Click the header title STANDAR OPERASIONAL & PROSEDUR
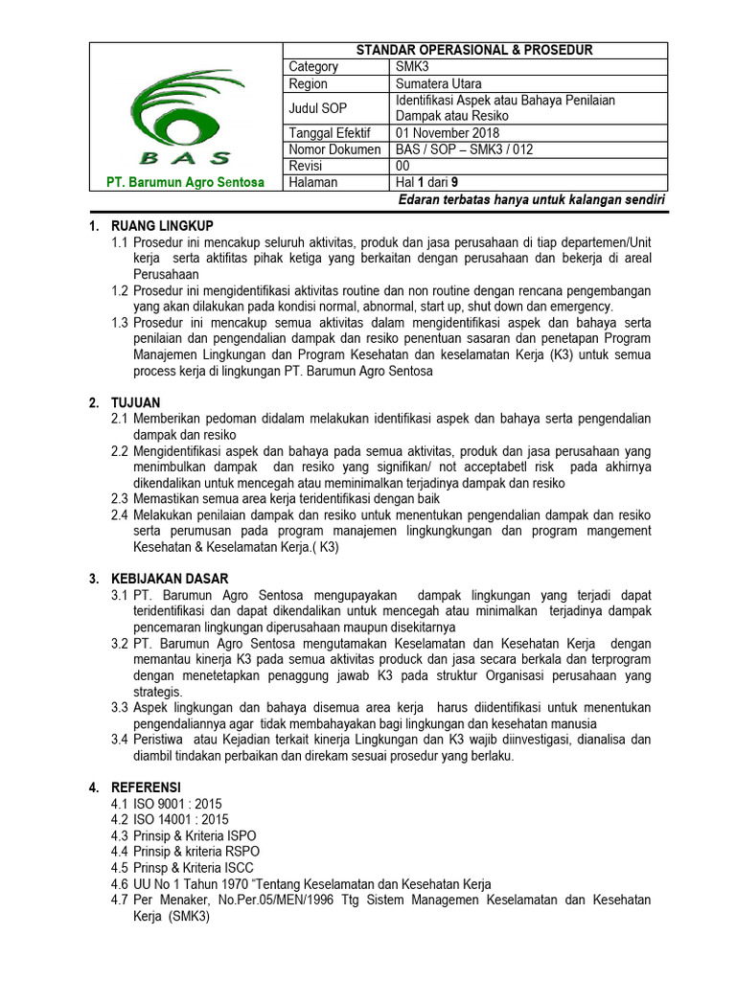474,50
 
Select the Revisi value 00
404,166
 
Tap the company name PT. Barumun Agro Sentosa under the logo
185,183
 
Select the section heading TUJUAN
136,402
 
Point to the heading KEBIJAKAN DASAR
169,579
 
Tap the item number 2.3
120,498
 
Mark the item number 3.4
120,740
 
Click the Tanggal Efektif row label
330,132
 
